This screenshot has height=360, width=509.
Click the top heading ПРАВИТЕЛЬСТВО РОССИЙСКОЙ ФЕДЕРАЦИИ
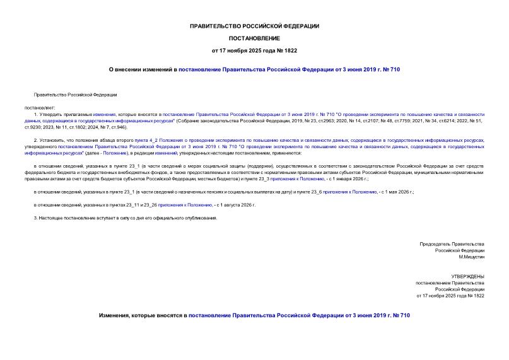pyautogui.click(x=254, y=26)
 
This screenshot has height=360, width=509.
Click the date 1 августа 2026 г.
pyautogui.click(x=236, y=205)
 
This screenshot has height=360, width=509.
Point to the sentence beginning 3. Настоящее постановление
pyautogui.click(x=125, y=218)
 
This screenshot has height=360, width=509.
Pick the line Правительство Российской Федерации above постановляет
pyautogui.click(x=76, y=95)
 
